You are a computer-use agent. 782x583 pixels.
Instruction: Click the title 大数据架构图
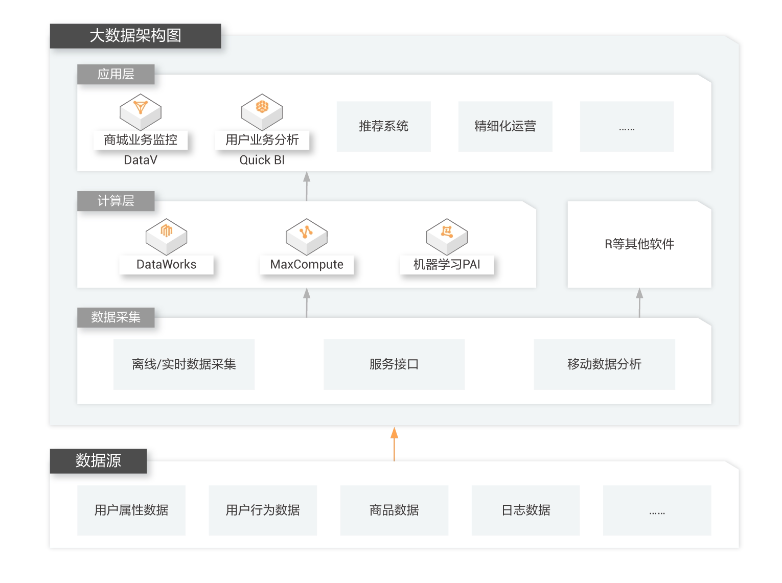(135, 35)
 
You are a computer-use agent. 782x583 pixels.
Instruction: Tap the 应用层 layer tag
(116, 74)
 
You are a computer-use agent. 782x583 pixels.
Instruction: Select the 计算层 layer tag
(116, 201)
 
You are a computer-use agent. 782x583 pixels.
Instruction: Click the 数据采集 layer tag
(116, 317)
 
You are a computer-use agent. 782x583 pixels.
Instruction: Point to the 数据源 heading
(98, 460)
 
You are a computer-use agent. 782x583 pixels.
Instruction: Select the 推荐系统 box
(383, 126)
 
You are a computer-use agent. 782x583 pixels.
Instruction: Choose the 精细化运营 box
(505, 126)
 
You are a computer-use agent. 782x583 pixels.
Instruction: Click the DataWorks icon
(166, 237)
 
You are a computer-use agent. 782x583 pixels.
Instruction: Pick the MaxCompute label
(307, 265)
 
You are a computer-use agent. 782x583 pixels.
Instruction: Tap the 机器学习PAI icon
(447, 237)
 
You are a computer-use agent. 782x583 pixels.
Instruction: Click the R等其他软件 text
(639, 244)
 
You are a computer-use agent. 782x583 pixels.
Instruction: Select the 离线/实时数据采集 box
(184, 364)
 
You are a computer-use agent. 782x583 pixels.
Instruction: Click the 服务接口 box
(394, 364)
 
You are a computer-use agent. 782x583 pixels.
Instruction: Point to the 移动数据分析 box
(604, 364)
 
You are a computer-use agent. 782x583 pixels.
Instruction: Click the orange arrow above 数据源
(394, 444)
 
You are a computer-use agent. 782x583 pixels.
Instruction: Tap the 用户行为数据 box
(263, 510)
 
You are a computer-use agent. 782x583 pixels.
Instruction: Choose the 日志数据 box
(525, 510)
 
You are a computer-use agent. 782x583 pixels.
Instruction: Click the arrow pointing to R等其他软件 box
(639, 302)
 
